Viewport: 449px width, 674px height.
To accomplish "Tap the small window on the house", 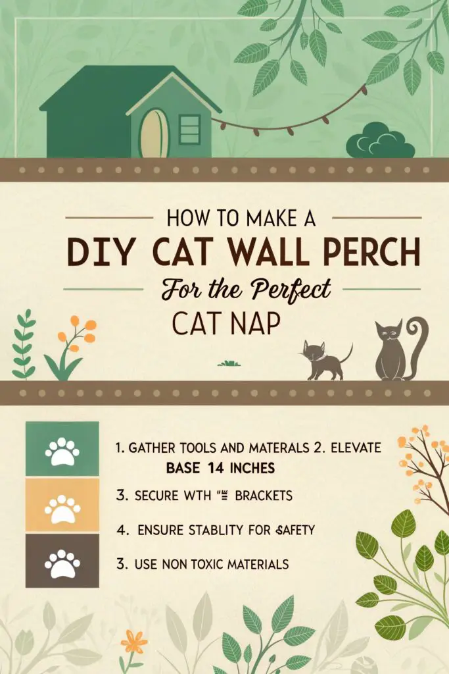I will (189, 129).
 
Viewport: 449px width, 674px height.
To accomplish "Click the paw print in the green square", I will (62, 450).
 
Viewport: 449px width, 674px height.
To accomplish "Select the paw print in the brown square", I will (62, 561).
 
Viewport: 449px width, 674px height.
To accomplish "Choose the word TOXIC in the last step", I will (210, 564).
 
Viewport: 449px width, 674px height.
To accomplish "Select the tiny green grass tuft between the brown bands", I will (227, 363).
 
